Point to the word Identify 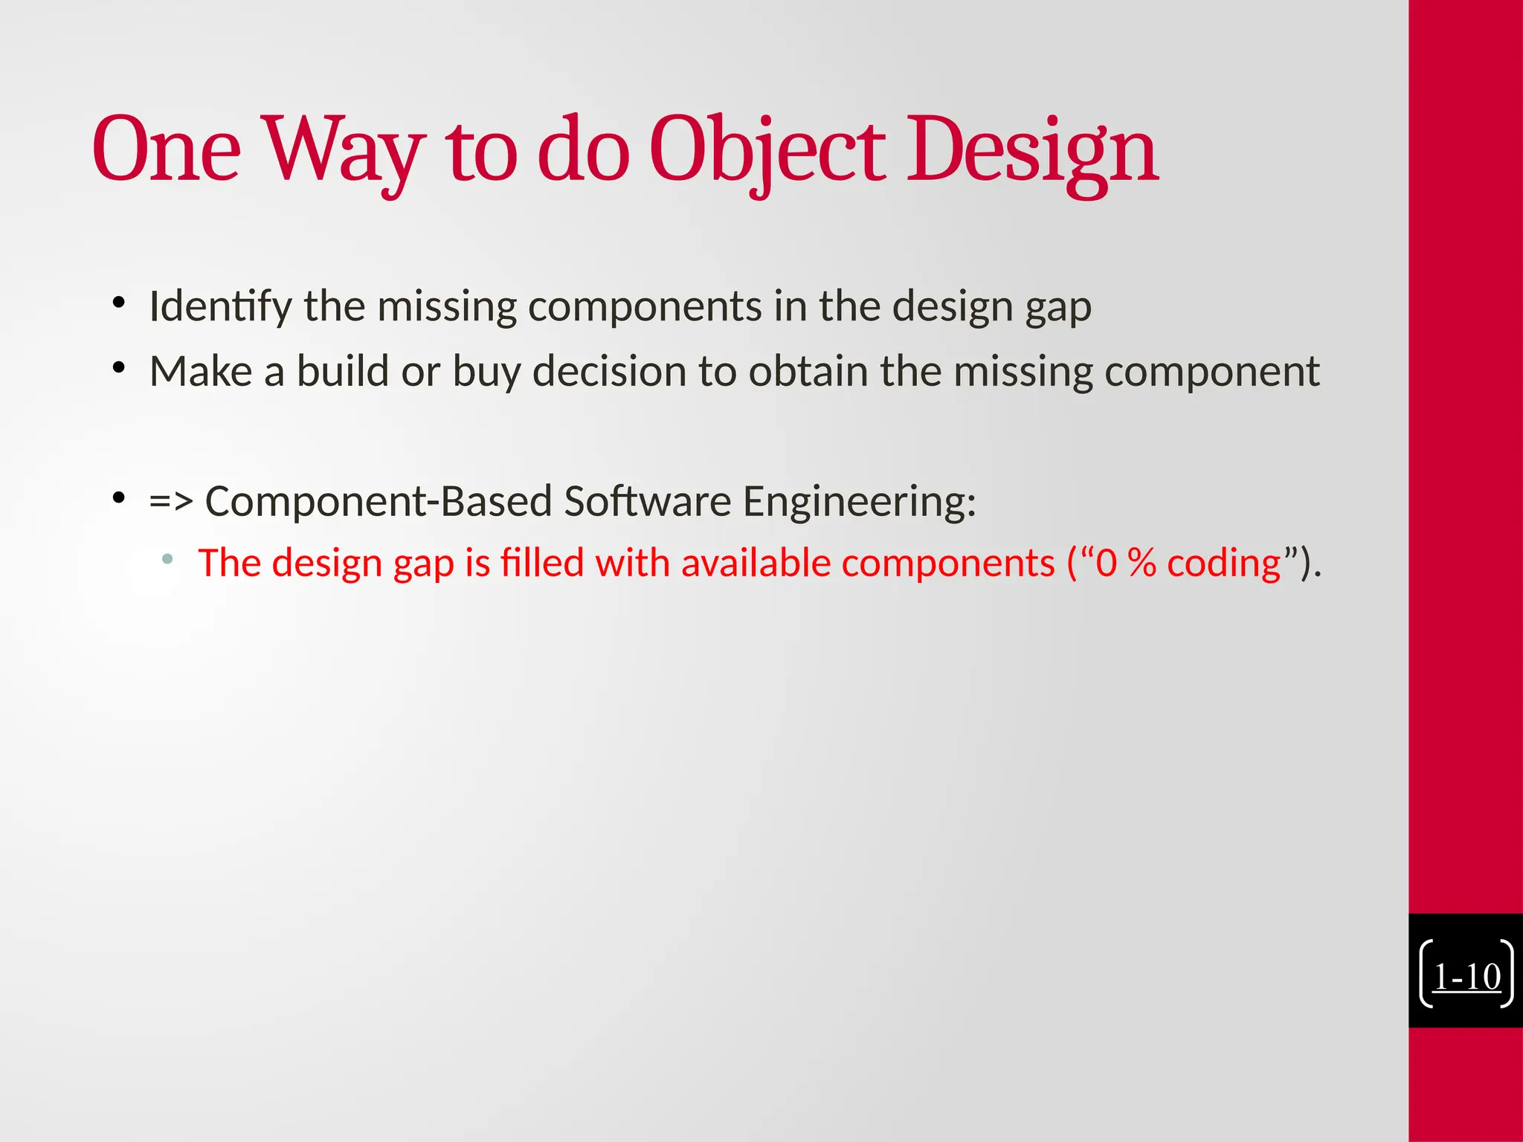(x=220, y=306)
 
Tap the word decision (x=609, y=371)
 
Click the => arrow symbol (x=171, y=501)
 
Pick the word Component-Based (x=378, y=501)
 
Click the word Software (x=647, y=501)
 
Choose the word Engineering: (x=859, y=501)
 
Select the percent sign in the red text (x=1142, y=563)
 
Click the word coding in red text (x=1223, y=563)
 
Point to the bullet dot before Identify (x=118, y=303)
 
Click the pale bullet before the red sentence (x=167, y=558)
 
